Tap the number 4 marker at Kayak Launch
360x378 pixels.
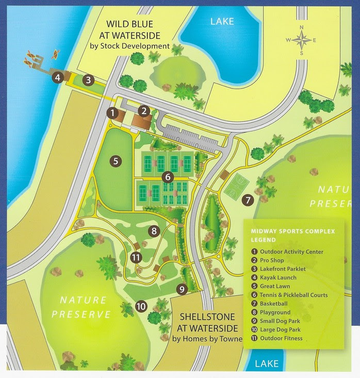coord(58,77)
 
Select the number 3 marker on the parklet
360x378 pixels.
coord(89,80)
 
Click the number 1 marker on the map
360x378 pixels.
coord(112,112)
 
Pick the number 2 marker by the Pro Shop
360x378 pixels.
coord(145,111)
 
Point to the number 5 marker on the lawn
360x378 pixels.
coord(116,161)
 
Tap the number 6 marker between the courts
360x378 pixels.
coord(167,177)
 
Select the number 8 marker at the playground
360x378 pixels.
coord(153,231)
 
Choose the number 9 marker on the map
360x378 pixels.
coord(182,289)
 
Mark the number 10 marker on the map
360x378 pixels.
coord(141,306)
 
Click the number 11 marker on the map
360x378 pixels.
coord(136,257)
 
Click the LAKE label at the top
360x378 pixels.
coord(222,22)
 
